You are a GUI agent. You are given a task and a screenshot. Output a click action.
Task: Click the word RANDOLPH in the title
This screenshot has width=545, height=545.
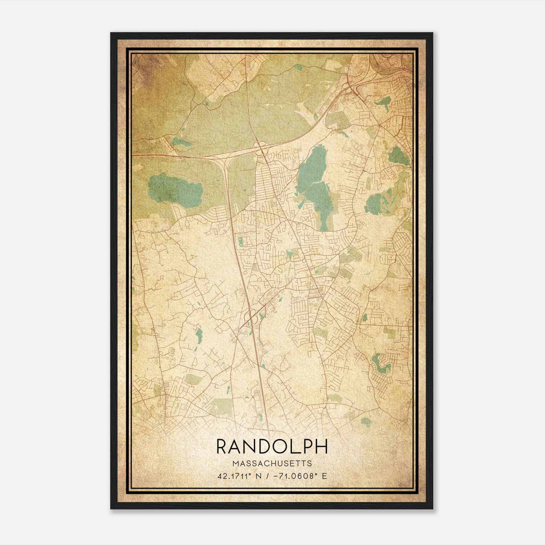point(272,447)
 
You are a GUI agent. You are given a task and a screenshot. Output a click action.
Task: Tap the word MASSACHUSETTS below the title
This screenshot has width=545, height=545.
point(272,464)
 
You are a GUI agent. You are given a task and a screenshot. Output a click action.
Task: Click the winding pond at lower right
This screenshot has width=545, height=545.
point(380,361)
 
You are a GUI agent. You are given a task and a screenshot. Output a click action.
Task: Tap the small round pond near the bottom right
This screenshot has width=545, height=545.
point(365,421)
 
